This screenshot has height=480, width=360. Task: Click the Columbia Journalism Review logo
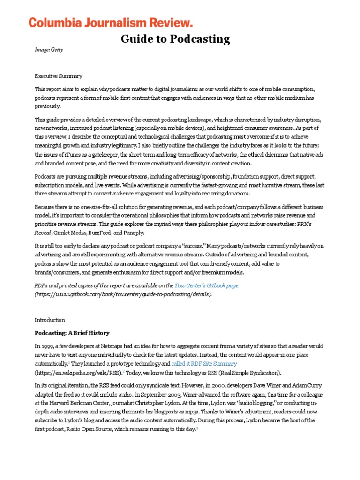[x=111, y=22]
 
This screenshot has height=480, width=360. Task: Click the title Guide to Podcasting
[x=175, y=39]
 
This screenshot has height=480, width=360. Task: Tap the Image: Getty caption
[x=48, y=50]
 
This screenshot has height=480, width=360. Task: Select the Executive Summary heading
[x=59, y=76]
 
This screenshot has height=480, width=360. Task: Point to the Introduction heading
[x=50, y=320]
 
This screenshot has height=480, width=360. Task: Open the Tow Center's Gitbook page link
[x=206, y=285]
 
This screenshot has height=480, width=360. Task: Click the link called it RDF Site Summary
[x=204, y=363]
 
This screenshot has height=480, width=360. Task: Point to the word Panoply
[x=134, y=232]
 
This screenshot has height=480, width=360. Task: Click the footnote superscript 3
[x=197, y=428]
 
